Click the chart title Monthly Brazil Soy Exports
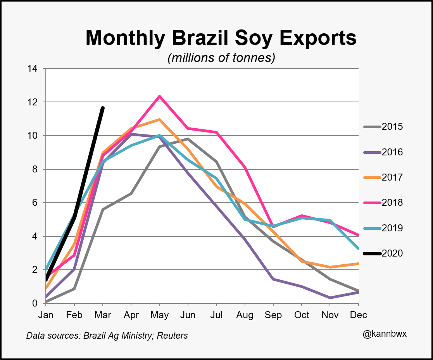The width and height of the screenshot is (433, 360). (221, 38)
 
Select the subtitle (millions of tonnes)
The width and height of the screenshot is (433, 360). (221, 58)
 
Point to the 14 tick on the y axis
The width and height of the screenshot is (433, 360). (32, 69)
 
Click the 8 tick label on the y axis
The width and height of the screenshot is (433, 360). (35, 169)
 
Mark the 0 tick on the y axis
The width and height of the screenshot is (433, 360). (35, 303)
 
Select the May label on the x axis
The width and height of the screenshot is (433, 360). (159, 315)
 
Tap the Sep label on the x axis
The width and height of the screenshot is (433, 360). (273, 315)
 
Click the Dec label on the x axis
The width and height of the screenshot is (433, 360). (359, 315)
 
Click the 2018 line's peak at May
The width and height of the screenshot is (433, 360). (159, 96)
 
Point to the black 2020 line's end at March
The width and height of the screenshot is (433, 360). (103, 108)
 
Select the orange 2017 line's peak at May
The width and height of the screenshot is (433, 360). (159, 120)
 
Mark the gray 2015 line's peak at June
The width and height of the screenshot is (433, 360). (188, 139)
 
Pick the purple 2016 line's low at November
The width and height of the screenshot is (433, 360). (330, 298)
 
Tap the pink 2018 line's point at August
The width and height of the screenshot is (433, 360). (245, 167)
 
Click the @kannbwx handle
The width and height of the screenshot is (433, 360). (384, 334)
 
